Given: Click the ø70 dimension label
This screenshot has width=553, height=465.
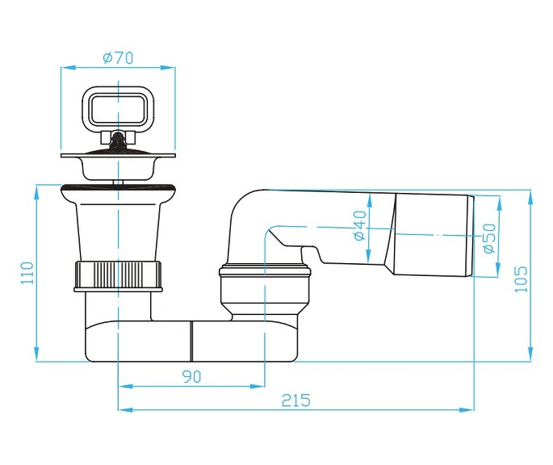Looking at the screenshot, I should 118,57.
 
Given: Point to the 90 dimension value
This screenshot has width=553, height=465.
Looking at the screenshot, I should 191,376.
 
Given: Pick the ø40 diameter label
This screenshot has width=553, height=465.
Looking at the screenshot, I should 360,225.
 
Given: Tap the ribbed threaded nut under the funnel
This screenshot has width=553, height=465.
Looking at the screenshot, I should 119,274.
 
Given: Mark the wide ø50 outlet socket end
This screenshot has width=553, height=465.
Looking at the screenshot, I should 431,235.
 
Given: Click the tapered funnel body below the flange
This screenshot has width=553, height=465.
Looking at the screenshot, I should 119,230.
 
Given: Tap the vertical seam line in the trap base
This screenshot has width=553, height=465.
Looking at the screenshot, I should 191,340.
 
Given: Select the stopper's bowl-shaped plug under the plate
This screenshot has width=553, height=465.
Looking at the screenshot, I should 118,168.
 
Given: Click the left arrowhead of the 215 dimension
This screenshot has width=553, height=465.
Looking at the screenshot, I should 123,409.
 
